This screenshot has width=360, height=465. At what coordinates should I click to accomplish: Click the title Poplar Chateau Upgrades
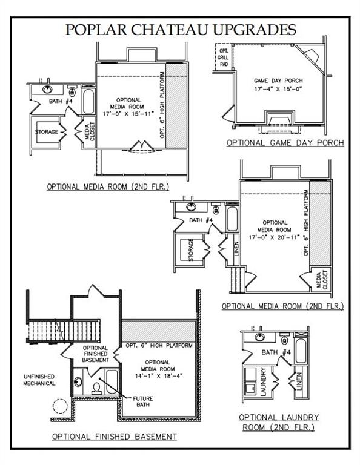(181, 30)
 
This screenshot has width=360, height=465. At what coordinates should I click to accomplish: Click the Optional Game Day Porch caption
(285, 143)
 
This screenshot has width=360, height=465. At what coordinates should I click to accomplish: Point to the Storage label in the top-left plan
(47, 132)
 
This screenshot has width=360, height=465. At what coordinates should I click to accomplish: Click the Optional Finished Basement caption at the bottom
(115, 436)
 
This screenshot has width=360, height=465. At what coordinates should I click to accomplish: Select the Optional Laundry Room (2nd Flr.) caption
(279, 422)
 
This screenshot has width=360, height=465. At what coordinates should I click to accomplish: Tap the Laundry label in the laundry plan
(264, 381)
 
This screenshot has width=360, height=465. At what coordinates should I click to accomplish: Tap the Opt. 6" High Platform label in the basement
(159, 346)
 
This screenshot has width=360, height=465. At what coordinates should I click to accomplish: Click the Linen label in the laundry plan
(300, 383)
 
